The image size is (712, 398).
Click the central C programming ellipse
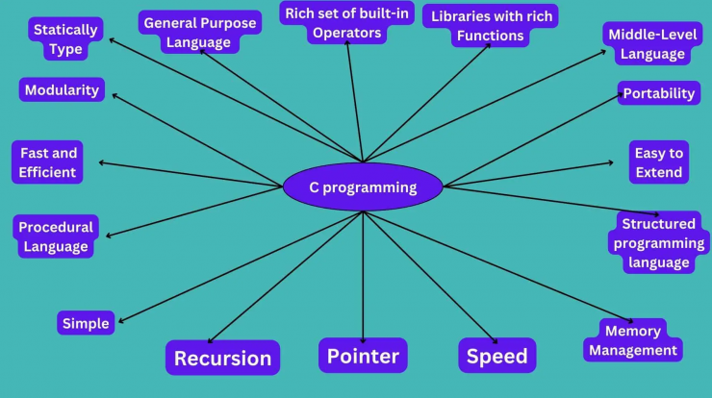[363, 187]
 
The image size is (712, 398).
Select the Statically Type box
[65, 39]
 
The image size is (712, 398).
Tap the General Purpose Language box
[200, 33]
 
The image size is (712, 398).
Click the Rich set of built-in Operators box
[347, 23]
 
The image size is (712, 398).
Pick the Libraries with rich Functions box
[491, 26]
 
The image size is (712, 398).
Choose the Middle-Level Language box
[652, 43]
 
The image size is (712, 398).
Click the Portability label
[659, 93]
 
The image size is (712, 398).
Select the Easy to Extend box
[659, 162]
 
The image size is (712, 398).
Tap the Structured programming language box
[658, 243]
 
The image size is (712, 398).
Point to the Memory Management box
[633, 340]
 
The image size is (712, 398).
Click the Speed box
[497, 356]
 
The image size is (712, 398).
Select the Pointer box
[363, 356]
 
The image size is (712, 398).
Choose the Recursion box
[222, 358]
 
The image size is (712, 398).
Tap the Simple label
[86, 323]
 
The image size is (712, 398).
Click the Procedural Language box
[56, 236]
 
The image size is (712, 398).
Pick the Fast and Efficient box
[48, 162]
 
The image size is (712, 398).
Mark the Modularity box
[62, 89]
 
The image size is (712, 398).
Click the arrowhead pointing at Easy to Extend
[611, 162]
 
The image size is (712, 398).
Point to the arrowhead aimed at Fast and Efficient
[101, 162]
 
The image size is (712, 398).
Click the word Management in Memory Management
[633, 350]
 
